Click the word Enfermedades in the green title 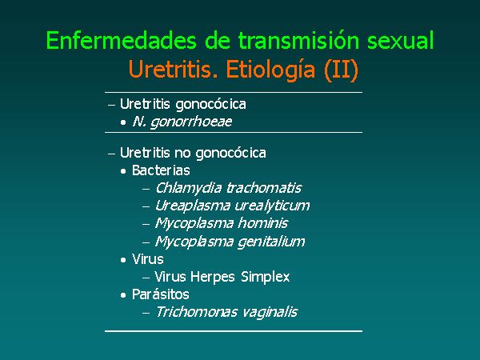[x=122, y=40]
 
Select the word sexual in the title [x=401, y=40]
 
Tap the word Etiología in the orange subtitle [x=270, y=70]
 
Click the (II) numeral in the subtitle [x=341, y=70]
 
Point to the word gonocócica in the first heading [x=210, y=105]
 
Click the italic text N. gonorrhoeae [x=182, y=122]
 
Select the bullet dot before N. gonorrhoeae [x=123, y=122]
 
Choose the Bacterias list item [x=161, y=170]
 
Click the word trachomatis [x=264, y=188]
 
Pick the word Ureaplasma [x=193, y=206]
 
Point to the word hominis [x=263, y=223]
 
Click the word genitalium [x=271, y=242]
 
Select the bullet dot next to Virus [x=123, y=260]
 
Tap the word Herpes [x=213, y=277]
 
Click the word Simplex [x=265, y=277]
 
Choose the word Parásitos [x=161, y=294]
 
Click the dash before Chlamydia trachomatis [x=146, y=189]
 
